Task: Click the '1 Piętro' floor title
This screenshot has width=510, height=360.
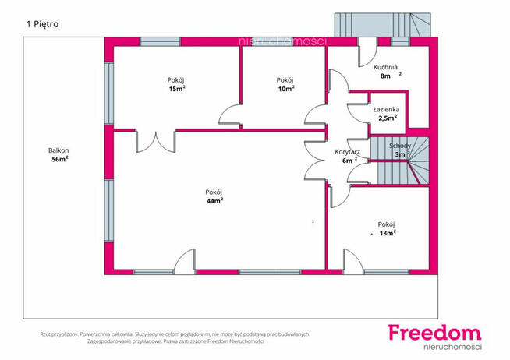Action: pos(43,24)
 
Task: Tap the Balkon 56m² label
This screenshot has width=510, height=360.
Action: pos(58,154)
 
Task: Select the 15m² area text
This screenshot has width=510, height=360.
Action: pos(177,89)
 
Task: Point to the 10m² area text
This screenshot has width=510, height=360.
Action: pos(286,89)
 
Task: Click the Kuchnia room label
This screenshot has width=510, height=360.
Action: pos(385,67)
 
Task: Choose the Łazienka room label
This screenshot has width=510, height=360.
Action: pos(386,110)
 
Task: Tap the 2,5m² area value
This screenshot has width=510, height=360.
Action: pos(388,118)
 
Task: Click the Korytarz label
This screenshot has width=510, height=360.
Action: pos(347,152)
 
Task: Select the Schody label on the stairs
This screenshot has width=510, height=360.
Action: pos(400,146)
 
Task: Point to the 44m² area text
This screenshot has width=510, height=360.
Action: pos(214,201)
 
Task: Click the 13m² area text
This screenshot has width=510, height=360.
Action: pos(388,233)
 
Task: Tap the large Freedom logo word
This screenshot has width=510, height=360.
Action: pos(434,333)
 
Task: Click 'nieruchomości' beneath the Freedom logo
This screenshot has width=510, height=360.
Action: pos(452,347)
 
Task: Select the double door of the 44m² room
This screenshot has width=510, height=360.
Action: pos(156,141)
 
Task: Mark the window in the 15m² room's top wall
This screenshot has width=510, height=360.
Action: pos(160,41)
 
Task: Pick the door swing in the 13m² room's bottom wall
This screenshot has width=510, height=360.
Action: pos(353,262)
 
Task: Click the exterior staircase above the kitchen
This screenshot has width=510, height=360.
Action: pos(383,25)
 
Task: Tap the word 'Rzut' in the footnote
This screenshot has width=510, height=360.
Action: pos(45,334)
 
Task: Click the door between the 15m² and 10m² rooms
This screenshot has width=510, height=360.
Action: pos(230,115)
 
